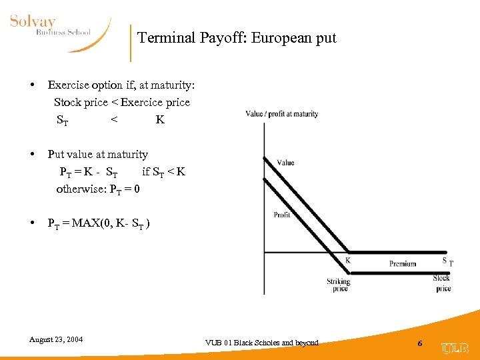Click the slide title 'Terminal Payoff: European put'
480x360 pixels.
(x=237, y=38)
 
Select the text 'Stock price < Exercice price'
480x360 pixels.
(x=122, y=102)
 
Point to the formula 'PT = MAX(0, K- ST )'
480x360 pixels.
(x=99, y=223)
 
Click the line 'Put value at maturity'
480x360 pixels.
(x=98, y=154)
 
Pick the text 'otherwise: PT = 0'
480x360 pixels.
(x=98, y=189)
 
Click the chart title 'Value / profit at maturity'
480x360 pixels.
(x=282, y=114)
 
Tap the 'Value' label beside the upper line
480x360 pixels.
(x=285, y=163)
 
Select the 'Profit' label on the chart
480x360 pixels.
(x=282, y=215)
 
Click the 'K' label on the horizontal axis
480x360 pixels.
(x=347, y=261)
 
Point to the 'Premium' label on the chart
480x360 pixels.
(x=403, y=264)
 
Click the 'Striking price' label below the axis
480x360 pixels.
(x=339, y=285)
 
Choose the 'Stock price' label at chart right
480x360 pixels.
(x=442, y=283)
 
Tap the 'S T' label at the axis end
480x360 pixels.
(x=447, y=261)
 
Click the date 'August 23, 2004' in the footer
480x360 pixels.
(x=56, y=339)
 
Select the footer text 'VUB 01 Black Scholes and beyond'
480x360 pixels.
(x=262, y=343)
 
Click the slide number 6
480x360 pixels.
(x=419, y=343)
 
